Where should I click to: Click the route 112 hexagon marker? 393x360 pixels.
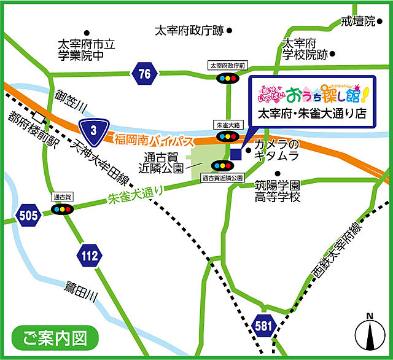click(88, 255)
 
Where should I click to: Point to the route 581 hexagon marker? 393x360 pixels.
click(262, 324)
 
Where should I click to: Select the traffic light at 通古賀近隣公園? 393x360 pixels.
click(222, 165)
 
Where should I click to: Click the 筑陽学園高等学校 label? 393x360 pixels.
click(278, 191)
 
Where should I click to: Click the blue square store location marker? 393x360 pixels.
click(237, 154)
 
